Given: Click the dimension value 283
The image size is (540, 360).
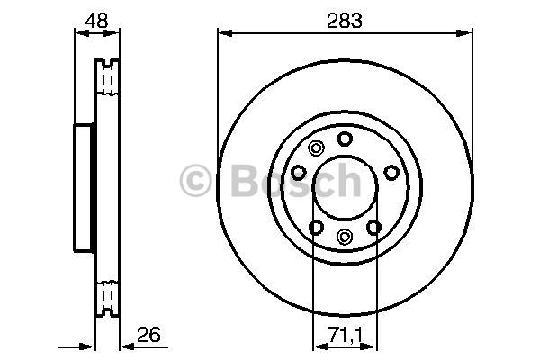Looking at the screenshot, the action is [345, 21].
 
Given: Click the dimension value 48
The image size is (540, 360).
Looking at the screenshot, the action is [96, 21].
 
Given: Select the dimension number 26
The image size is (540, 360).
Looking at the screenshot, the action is [148, 335].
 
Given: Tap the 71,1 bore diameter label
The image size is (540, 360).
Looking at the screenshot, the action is [346, 335].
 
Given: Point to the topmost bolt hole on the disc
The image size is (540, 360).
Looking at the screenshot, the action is [345, 139].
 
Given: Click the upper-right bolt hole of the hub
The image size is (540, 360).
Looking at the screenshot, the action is [391, 173].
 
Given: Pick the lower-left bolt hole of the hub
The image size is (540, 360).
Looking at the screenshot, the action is [316, 228].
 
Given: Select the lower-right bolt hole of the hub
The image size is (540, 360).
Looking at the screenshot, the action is [374, 228].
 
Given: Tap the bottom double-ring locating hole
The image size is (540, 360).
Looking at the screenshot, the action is [345, 237].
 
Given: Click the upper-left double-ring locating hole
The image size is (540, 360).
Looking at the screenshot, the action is [316, 148].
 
